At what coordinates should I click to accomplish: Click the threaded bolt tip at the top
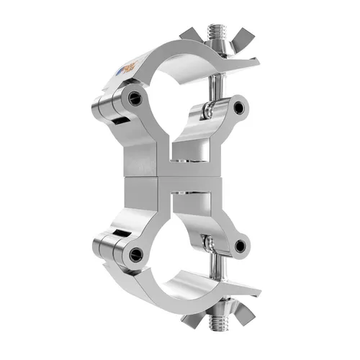[x=215, y=33]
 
